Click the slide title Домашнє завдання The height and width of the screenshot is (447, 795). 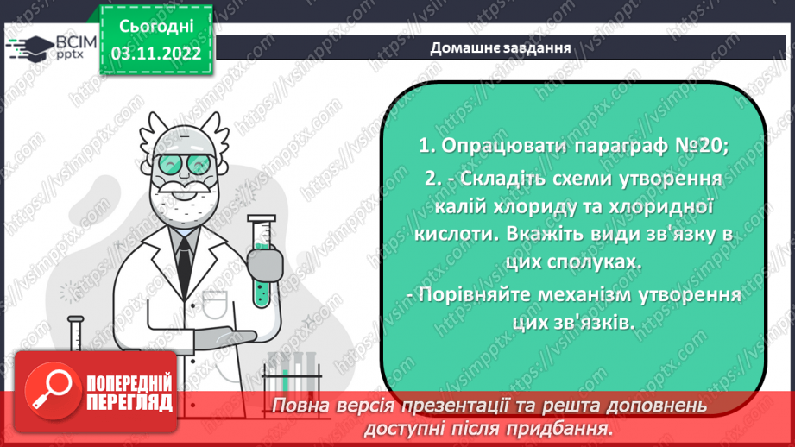click(501, 47)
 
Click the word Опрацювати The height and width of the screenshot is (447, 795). click(500, 146)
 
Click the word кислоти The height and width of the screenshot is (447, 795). click(453, 235)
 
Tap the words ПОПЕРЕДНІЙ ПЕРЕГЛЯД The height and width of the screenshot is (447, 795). click(129, 393)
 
